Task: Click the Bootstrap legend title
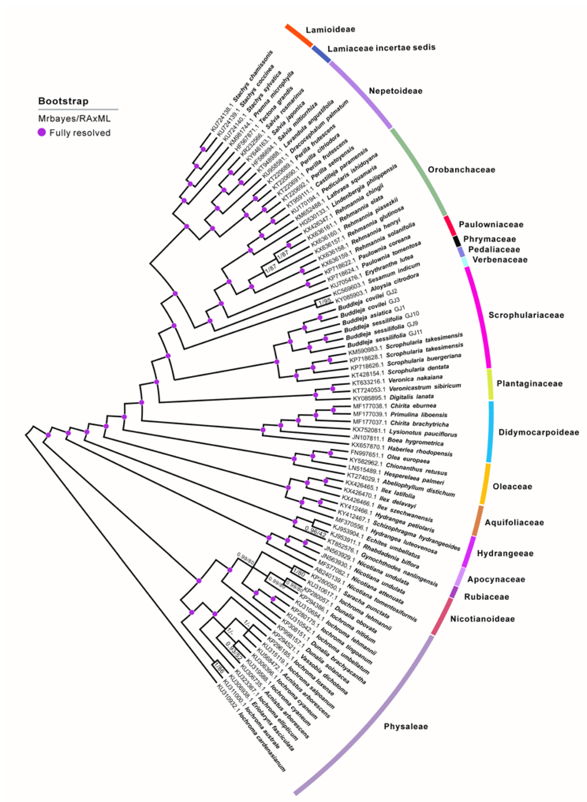[63, 101]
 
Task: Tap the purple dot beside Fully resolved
[42, 133]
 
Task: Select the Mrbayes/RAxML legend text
[74, 118]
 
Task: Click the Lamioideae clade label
[330, 29]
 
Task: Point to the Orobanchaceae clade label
[461, 170]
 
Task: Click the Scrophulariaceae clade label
[526, 315]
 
